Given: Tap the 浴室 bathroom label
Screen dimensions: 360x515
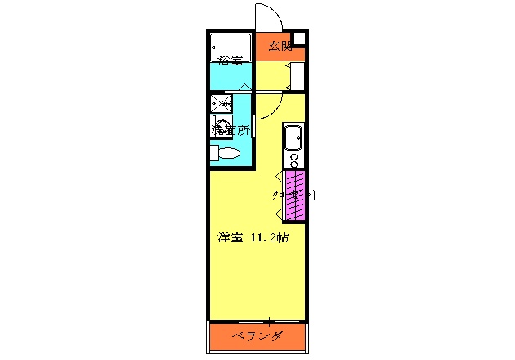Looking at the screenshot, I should (230, 60).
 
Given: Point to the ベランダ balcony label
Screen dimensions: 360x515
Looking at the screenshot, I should (257, 337).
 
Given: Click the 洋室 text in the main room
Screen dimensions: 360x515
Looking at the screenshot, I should (231, 238).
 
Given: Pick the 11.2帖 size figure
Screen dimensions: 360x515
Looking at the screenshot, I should (269, 238).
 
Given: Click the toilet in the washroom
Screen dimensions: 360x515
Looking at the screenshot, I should (226, 153).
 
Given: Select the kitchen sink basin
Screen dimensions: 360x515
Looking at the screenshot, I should (293, 137).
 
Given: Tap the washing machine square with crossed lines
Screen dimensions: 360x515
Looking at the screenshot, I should (221, 103).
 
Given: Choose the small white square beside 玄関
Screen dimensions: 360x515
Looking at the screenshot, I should (300, 38).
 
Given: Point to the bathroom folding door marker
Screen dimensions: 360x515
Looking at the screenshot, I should (244, 86).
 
